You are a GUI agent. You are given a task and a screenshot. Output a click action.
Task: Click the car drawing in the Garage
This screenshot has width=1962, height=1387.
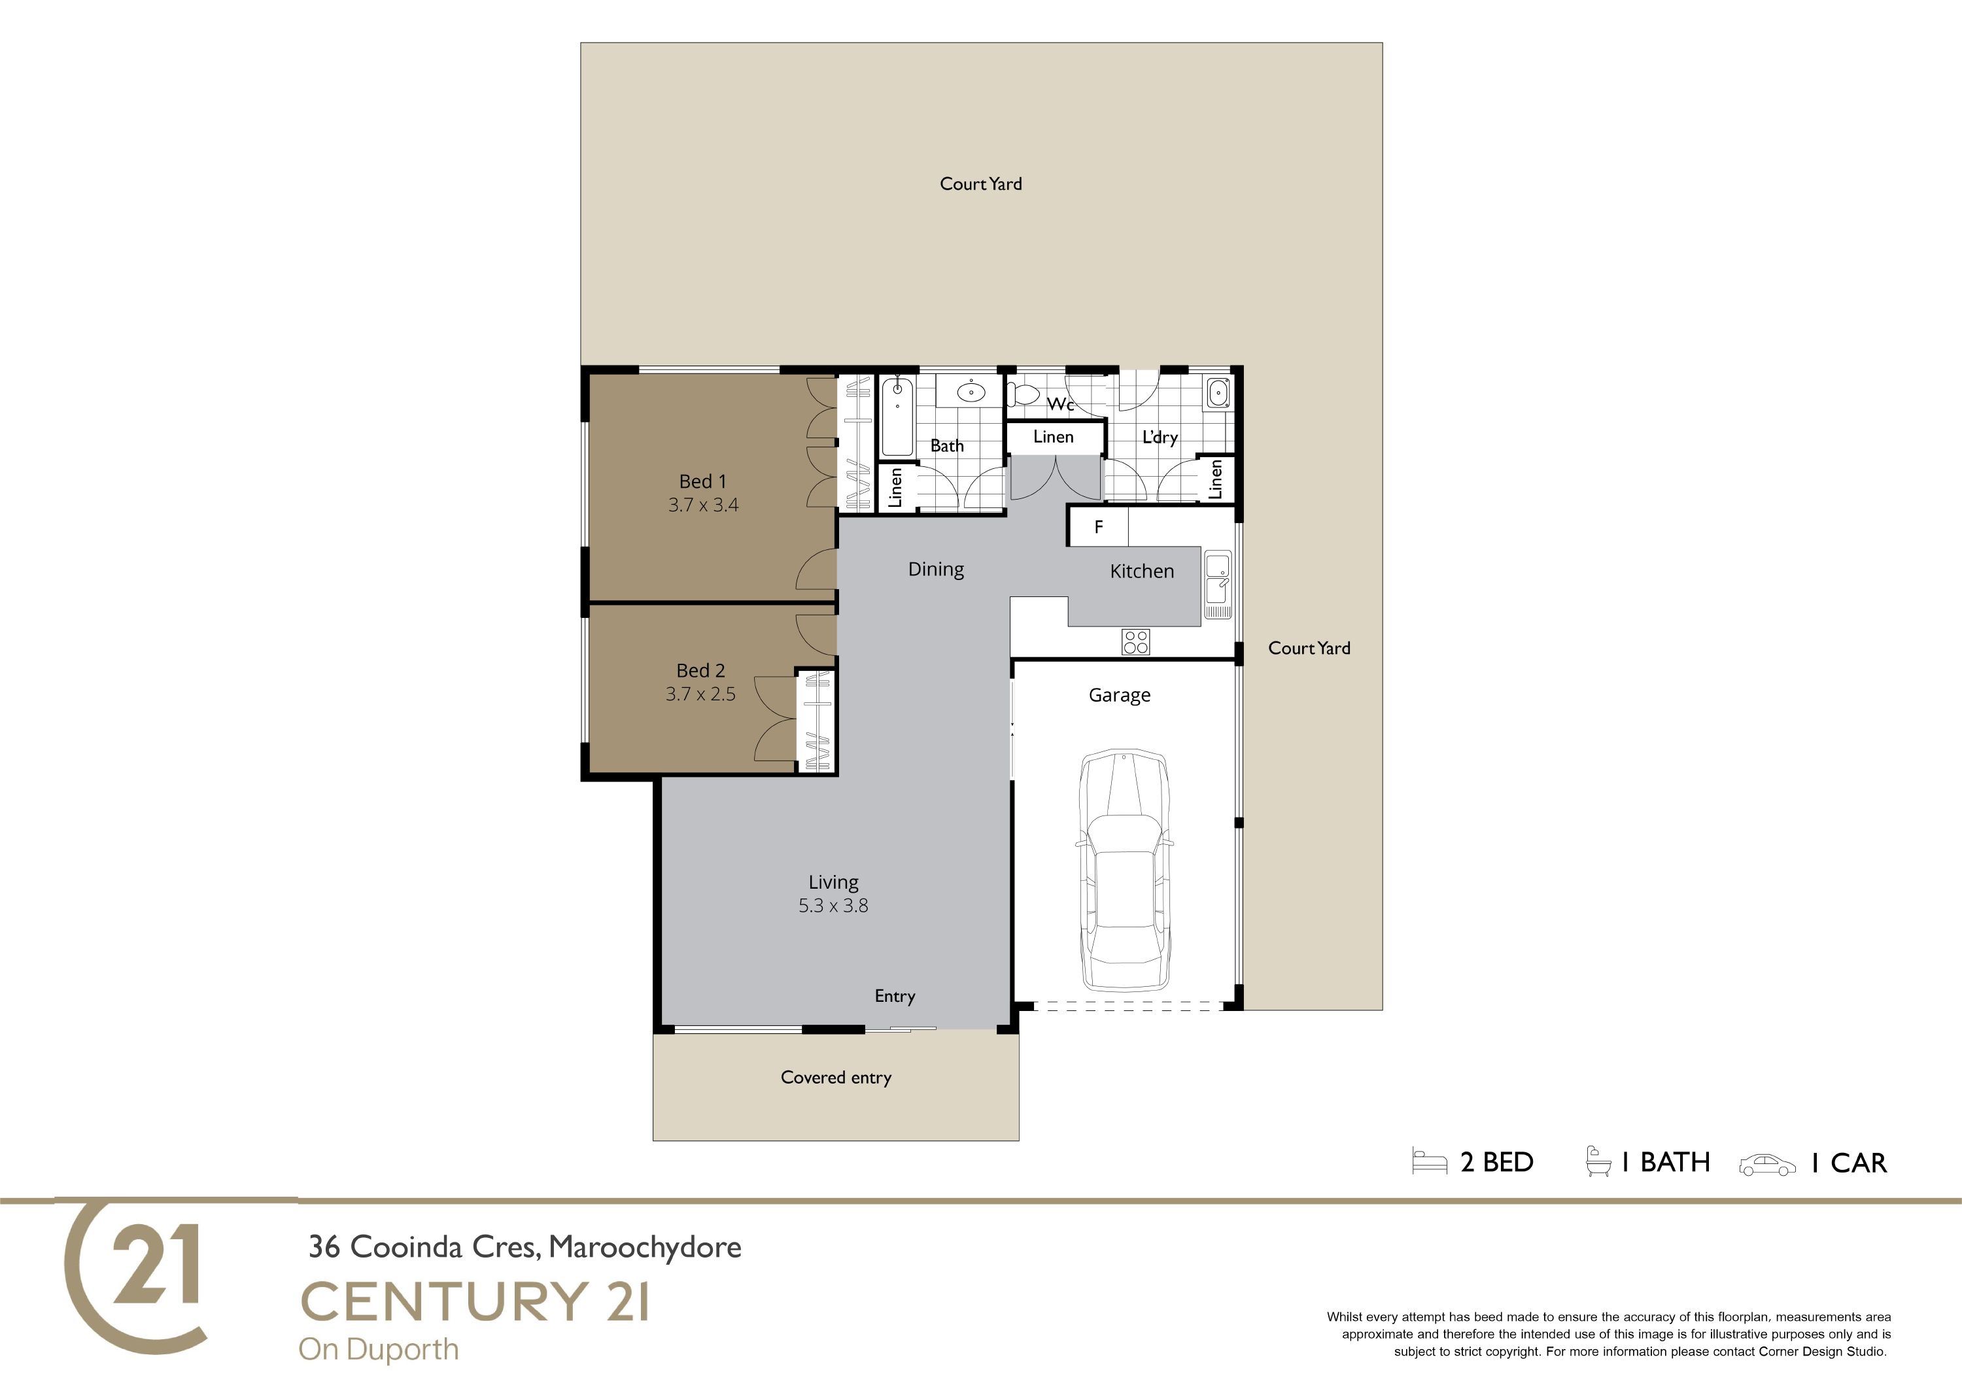[1123, 870]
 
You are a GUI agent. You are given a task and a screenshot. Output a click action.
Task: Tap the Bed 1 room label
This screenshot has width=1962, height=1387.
[702, 481]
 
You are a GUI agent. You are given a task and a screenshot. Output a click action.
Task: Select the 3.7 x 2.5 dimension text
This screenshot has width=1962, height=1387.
[700, 694]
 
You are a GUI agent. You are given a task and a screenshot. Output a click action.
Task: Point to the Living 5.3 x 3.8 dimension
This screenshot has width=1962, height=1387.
[833, 905]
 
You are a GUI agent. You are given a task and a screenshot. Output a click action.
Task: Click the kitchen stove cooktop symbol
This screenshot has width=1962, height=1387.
[1135, 642]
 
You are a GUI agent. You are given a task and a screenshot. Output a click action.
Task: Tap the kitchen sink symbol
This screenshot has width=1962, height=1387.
[1218, 585]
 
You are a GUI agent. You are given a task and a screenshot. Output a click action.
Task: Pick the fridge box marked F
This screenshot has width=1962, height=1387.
[1098, 527]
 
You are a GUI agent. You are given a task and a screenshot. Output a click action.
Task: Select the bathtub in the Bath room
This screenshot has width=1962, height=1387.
[897, 416]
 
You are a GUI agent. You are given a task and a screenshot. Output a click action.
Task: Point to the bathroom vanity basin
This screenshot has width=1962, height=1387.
[970, 392]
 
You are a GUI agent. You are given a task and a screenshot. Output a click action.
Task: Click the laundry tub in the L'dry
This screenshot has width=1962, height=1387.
[1218, 394]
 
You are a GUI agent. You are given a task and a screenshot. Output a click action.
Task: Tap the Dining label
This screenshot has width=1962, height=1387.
[936, 569]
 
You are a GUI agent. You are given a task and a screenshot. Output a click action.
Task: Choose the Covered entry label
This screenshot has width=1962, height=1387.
[836, 1078]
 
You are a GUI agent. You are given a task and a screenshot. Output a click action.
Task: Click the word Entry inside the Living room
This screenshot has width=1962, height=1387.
[895, 997]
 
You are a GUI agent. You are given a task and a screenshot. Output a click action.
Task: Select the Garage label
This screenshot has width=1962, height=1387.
[1120, 696]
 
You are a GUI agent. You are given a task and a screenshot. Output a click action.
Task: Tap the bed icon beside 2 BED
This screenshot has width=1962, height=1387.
[1430, 1161]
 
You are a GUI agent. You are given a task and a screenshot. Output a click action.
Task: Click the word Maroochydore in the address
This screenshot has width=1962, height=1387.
[645, 1248]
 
